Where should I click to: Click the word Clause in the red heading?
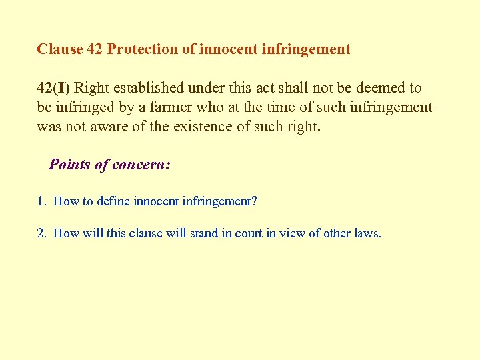[x=59, y=49]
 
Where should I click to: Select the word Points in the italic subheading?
[x=69, y=165]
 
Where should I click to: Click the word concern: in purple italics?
[x=141, y=165]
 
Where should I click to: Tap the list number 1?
[x=41, y=201]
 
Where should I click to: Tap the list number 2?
[x=41, y=233]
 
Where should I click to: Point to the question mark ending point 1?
[x=253, y=201]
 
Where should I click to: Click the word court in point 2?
[x=249, y=233]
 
